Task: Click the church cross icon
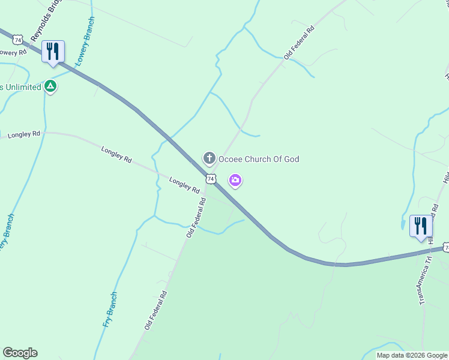(209, 159)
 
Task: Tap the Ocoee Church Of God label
(258, 159)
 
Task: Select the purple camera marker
(235, 179)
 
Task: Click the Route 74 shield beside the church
(210, 179)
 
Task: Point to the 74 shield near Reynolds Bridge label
(18, 40)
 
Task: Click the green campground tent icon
(51, 87)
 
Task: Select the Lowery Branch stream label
(84, 48)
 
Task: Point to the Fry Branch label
(110, 310)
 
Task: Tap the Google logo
(20, 353)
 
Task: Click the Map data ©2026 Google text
(412, 355)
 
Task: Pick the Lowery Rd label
(13, 53)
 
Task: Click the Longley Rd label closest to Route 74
(184, 185)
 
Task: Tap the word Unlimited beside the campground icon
(23, 87)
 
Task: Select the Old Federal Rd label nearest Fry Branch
(155, 311)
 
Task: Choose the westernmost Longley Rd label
(24, 134)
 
